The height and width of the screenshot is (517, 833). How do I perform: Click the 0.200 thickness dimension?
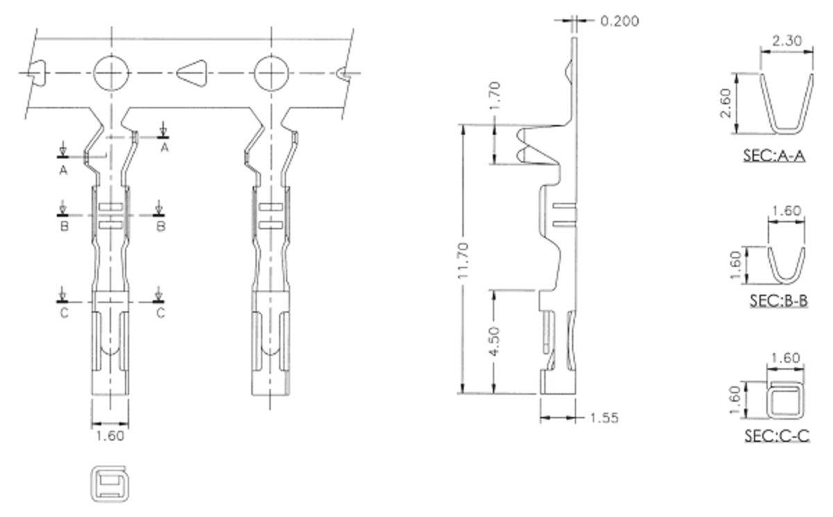619,21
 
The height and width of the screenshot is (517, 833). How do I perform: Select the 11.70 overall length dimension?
464,258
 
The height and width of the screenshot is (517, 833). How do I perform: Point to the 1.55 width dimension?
604,418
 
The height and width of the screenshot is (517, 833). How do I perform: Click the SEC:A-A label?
774,155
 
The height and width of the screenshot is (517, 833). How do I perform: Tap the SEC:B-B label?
779,301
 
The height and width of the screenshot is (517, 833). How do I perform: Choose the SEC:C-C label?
777,436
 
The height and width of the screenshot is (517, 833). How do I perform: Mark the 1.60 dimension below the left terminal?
110,436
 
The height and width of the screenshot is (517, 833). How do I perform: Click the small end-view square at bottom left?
110,483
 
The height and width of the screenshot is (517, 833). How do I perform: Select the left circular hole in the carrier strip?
111,73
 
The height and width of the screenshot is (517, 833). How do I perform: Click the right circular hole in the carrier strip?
271,73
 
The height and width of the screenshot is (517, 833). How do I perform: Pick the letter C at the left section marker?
64,313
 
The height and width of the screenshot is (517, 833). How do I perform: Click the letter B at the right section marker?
160,226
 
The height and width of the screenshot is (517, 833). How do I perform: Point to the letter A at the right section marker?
165,147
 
